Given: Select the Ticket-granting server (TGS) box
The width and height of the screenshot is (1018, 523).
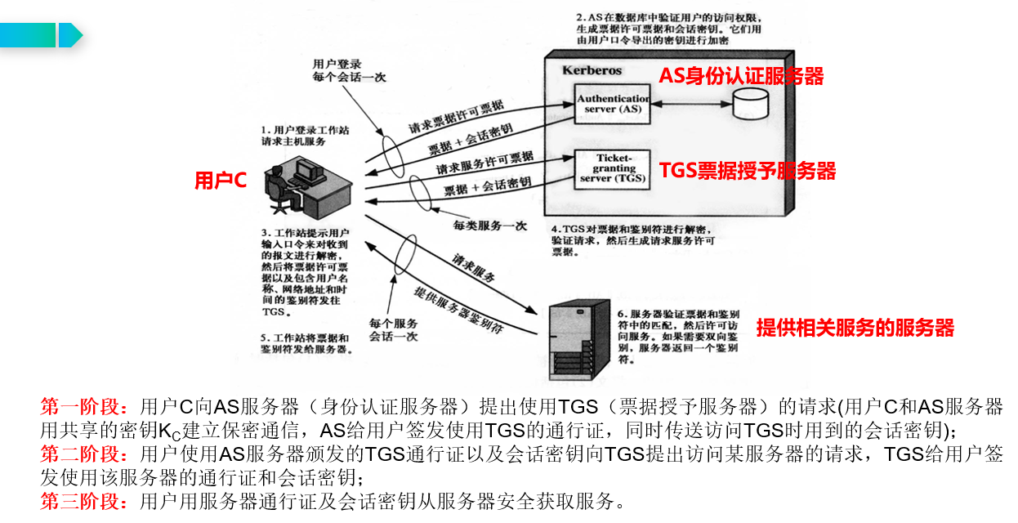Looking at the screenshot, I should coord(613,168).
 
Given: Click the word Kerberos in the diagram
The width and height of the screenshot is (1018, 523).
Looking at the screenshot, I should coord(592,70).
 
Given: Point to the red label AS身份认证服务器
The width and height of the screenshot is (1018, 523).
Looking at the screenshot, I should coord(741,76).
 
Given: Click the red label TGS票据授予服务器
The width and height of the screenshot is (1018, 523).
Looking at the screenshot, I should coord(748,171).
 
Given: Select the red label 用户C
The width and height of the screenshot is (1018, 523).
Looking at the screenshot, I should coord(220,181).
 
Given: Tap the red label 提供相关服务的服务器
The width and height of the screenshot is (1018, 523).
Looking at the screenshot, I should coord(855,329).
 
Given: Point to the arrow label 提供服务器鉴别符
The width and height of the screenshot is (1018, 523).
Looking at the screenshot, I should coord(458,309).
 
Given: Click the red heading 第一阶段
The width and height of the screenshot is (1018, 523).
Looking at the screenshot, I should coord(83,406).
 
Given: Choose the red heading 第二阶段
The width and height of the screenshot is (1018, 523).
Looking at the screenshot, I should coord(83,454).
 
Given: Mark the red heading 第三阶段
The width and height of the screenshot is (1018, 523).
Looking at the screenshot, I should coord(83,501).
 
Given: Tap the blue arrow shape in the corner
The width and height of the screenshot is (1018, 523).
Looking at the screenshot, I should coord(70,35).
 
